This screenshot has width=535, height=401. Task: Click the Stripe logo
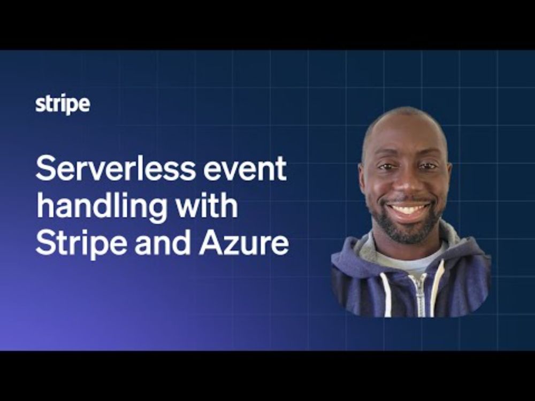click(63, 104)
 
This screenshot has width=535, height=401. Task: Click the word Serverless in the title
click(116, 168)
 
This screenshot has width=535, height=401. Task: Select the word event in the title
click(245, 169)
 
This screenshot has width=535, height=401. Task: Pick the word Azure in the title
click(244, 243)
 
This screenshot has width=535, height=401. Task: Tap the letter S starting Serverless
click(45, 168)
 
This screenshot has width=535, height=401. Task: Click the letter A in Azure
click(211, 243)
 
